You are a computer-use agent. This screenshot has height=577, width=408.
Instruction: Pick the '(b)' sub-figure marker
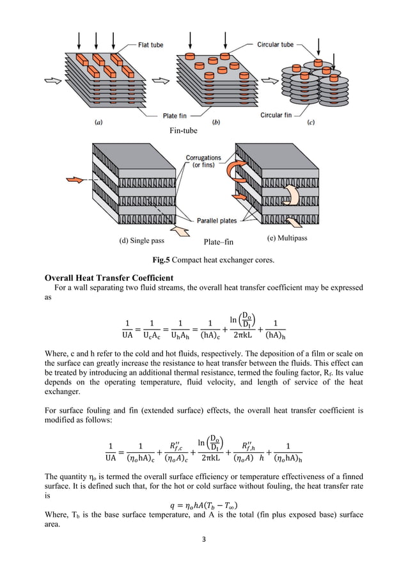coord(216,122)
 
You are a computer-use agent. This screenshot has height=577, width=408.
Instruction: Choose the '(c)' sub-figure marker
coord(327,122)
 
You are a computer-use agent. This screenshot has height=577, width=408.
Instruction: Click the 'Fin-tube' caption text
coord(184,130)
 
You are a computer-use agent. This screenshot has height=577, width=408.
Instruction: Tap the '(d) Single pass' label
coord(142,241)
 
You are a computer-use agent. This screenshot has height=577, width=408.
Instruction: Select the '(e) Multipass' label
coord(286,239)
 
